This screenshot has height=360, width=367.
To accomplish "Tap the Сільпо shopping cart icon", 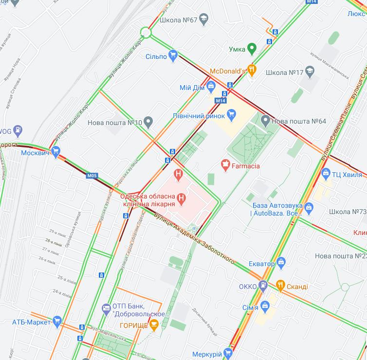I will (173, 56).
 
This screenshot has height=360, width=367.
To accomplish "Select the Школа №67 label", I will (178, 20).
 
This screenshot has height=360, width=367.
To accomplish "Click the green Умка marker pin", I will (251, 48).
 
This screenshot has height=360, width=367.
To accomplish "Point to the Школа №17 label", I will (285, 72).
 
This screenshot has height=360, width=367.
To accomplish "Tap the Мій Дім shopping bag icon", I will (211, 87).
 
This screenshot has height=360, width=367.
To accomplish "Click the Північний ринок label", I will (198, 115).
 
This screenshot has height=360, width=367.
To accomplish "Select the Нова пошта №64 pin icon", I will (265, 120).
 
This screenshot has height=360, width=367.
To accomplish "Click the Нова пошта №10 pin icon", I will (149, 122).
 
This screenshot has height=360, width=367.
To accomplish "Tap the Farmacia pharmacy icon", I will (225, 165).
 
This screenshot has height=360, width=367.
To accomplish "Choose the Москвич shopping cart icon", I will (55, 152).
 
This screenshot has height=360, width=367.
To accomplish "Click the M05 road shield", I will (92, 175).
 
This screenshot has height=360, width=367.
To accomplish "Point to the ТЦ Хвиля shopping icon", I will (326, 173).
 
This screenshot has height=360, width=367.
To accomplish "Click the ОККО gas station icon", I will (263, 286).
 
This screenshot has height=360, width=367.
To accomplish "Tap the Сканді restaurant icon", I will (280, 286).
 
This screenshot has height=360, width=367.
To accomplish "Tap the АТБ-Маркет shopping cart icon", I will (57, 321).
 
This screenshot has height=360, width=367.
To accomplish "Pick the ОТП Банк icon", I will (106, 308).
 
